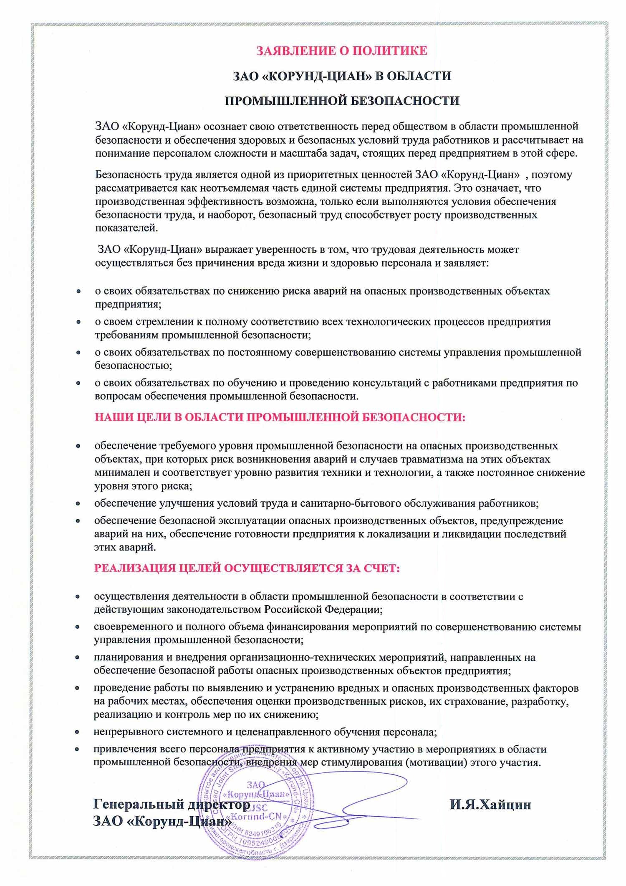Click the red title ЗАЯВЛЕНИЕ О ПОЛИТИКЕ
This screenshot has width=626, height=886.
[341, 51]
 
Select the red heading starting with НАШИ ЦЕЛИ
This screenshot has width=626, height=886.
[280, 417]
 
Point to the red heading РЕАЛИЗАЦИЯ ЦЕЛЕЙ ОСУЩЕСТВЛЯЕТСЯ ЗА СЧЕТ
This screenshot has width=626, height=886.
[247, 569]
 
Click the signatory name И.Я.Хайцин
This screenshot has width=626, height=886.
[490, 805]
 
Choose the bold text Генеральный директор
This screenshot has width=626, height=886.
[172, 804]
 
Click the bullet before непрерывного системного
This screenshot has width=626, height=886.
[78, 732]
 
